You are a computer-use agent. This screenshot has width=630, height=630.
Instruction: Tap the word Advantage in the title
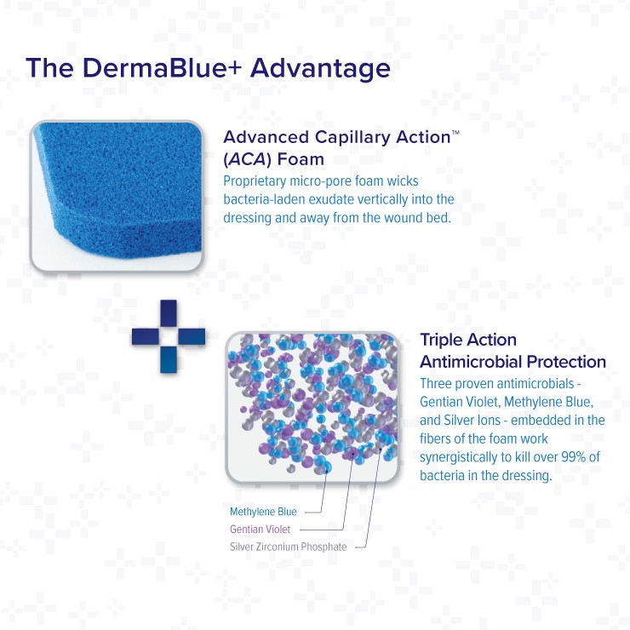pyautogui.click(x=320, y=69)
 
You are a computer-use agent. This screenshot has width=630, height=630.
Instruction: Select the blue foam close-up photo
pyautogui.click(x=117, y=197)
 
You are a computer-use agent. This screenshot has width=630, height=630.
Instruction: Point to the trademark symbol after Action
pyautogui.click(x=455, y=132)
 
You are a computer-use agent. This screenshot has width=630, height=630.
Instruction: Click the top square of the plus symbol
pyautogui.click(x=169, y=313)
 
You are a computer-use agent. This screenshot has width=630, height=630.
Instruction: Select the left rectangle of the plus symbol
pyautogui.click(x=146, y=336)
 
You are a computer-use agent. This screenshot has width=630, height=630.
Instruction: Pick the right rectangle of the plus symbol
pyautogui.click(x=192, y=336)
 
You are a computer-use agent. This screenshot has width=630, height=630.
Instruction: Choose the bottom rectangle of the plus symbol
pyautogui.click(x=169, y=359)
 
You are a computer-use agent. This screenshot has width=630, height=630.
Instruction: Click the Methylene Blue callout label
pyautogui.click(x=263, y=512)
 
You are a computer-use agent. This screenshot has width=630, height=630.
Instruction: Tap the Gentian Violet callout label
pyautogui.click(x=260, y=530)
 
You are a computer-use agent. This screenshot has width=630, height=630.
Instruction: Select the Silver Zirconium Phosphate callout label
pyautogui.click(x=288, y=547)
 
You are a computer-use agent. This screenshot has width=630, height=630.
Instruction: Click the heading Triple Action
pyautogui.click(x=468, y=341)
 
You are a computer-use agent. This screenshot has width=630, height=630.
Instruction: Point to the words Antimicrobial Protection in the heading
pyautogui.click(x=513, y=362)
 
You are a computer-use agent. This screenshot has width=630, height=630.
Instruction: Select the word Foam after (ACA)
pyautogui.click(x=301, y=159)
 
